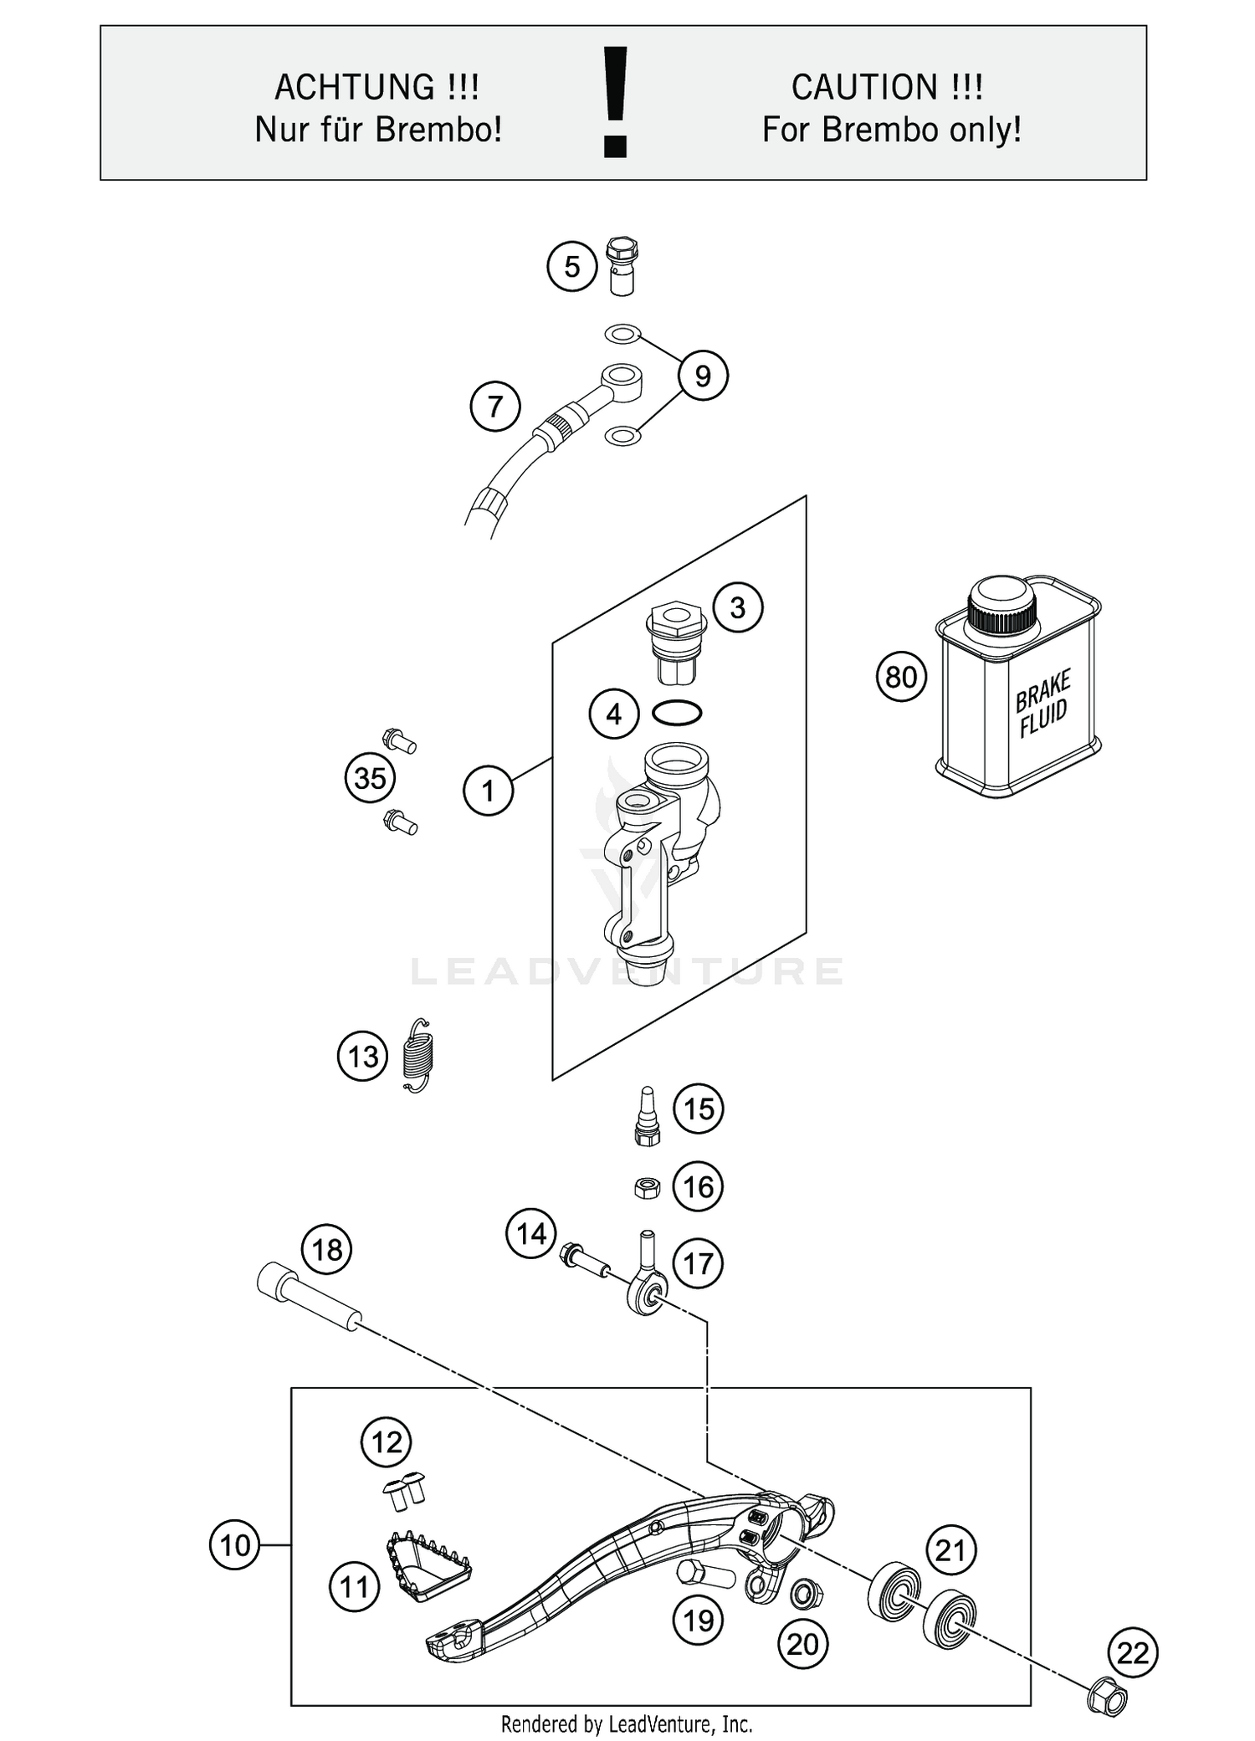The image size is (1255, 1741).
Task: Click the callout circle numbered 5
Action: pyautogui.click(x=571, y=266)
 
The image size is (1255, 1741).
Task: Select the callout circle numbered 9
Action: pyautogui.click(x=702, y=376)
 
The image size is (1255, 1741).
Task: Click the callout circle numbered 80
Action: pyautogui.click(x=901, y=677)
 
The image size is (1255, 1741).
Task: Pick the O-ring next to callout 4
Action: pyautogui.click(x=677, y=713)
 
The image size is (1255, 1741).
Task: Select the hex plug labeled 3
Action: pyautogui.click(x=676, y=643)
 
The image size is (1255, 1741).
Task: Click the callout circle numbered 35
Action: pyautogui.click(x=370, y=779)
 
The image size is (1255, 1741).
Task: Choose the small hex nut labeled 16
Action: pyautogui.click(x=646, y=1187)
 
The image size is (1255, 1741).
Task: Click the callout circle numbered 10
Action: pyautogui.click(x=235, y=1544)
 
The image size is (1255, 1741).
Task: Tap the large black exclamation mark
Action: pyautogui.click(x=616, y=102)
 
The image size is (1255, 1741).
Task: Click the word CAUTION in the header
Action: pyautogui.click(x=863, y=87)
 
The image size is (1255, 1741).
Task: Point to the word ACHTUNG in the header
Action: pyautogui.click(x=354, y=87)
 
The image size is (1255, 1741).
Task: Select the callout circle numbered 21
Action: pyautogui.click(x=950, y=1550)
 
